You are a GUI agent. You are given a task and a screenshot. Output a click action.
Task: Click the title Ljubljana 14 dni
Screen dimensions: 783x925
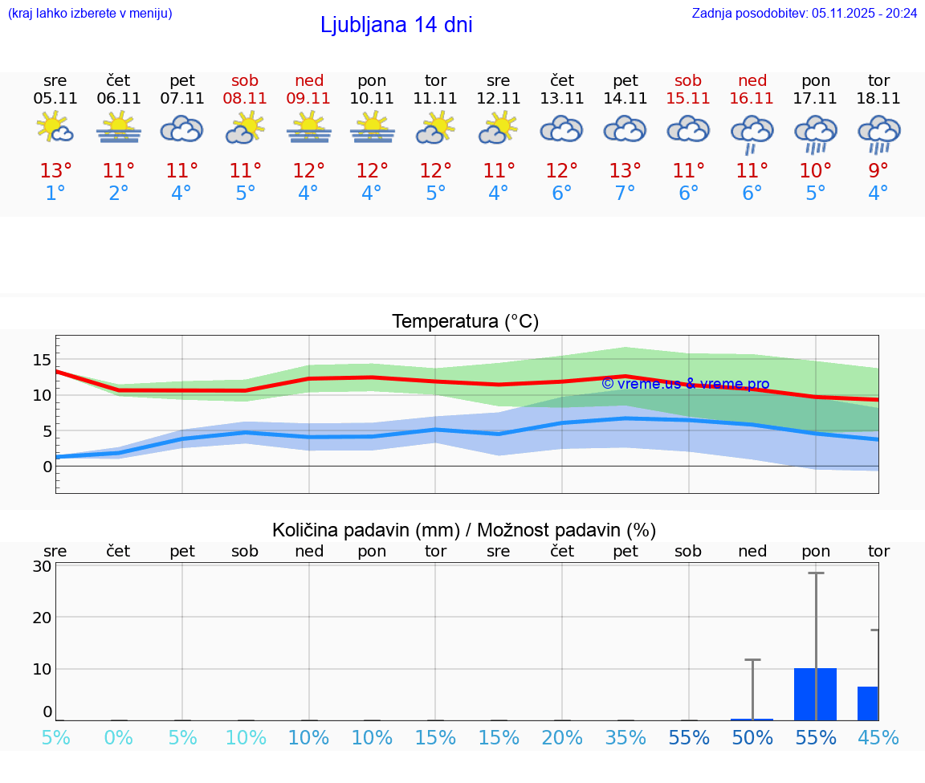pyautogui.click(x=396, y=25)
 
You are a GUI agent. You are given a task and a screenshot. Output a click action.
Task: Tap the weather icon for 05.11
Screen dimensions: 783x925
pyautogui.click(x=55, y=127)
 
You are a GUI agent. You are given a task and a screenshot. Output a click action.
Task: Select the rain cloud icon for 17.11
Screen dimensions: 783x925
pyautogui.click(x=816, y=133)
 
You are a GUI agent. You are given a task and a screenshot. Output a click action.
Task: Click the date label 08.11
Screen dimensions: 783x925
pyautogui.click(x=246, y=99)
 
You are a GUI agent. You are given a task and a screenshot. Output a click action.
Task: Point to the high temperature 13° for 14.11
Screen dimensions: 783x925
pyautogui.click(x=625, y=171)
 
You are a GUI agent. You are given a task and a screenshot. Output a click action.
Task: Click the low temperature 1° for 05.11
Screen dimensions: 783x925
pyautogui.click(x=55, y=194)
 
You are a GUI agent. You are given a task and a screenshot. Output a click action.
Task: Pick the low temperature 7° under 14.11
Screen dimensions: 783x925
pyautogui.click(x=625, y=194)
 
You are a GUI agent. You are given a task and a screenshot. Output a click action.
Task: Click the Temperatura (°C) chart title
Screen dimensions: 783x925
pyautogui.click(x=465, y=321)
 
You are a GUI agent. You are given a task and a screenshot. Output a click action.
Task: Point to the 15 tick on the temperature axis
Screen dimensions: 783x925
pyautogui.click(x=42, y=359)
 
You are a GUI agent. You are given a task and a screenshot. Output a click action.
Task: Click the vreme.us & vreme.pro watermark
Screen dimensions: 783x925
pyautogui.click(x=685, y=384)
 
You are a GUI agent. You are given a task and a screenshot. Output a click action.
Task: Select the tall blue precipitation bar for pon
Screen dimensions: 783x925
pyautogui.click(x=816, y=694)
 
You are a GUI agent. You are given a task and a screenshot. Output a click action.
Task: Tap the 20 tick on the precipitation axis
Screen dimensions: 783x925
pyautogui.click(x=42, y=618)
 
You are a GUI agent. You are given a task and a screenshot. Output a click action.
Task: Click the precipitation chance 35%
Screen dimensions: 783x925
pyautogui.click(x=625, y=737)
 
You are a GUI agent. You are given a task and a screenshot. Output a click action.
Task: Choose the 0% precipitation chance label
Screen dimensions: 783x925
pyautogui.click(x=119, y=737)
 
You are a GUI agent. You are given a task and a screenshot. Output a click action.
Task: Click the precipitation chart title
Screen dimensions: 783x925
pyautogui.click(x=464, y=530)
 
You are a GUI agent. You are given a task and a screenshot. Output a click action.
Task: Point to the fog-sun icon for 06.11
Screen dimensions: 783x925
pyautogui.click(x=119, y=127)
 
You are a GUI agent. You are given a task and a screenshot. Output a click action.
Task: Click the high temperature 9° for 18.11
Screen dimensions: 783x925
pyautogui.click(x=878, y=171)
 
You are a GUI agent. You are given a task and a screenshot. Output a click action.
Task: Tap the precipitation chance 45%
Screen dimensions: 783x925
pyautogui.click(x=878, y=737)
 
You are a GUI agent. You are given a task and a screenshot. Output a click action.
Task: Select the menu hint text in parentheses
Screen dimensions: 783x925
pyautogui.click(x=90, y=13)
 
